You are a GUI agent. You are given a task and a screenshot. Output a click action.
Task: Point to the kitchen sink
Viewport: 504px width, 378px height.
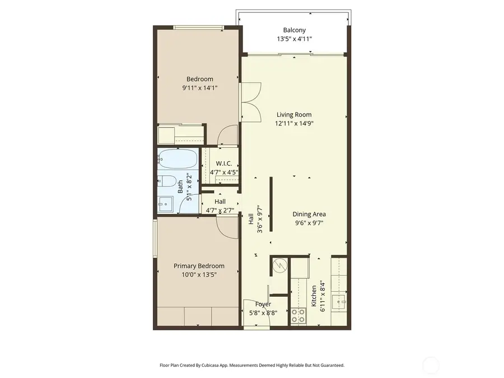(x=339, y=303)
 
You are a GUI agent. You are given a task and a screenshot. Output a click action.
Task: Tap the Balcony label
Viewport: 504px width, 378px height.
(x=294, y=30)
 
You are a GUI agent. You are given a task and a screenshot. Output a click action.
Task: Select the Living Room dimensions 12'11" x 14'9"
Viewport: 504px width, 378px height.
(x=293, y=124)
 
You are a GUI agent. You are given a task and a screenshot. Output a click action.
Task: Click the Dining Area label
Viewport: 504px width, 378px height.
(x=309, y=214)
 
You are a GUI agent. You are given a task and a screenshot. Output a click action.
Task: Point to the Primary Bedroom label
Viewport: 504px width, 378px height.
(x=199, y=266)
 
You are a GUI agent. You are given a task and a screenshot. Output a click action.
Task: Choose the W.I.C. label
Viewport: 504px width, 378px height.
(x=224, y=163)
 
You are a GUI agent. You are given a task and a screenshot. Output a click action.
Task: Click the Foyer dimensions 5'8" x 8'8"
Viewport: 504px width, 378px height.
(x=263, y=313)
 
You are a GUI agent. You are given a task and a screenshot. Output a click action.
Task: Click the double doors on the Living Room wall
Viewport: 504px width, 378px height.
(x=251, y=101)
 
